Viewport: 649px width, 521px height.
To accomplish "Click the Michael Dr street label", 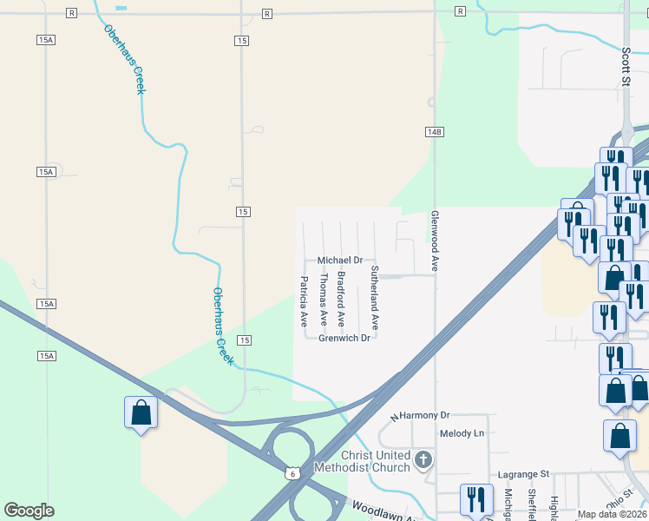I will pyautogui.click(x=339, y=260).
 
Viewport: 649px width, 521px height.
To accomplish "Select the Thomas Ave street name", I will pyautogui.click(x=323, y=300).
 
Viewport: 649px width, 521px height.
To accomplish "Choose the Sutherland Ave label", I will pyautogui.click(x=375, y=297).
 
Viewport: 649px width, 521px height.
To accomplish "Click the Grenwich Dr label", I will pyautogui.click(x=344, y=338).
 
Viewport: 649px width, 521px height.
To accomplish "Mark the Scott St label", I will pyautogui.click(x=625, y=66).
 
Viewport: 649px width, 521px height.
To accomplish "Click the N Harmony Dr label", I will pyautogui.click(x=421, y=417).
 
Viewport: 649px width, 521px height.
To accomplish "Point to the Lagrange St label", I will pyautogui.click(x=524, y=474).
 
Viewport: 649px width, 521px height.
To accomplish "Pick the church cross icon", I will pyautogui.click(x=423, y=459).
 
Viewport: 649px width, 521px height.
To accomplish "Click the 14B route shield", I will pyautogui.click(x=435, y=132).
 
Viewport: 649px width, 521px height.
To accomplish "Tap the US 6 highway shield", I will pyautogui.click(x=294, y=473).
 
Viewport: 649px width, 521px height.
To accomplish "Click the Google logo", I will pyautogui.click(x=29, y=511).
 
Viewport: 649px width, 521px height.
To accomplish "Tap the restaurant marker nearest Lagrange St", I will pyautogui.click(x=476, y=499).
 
